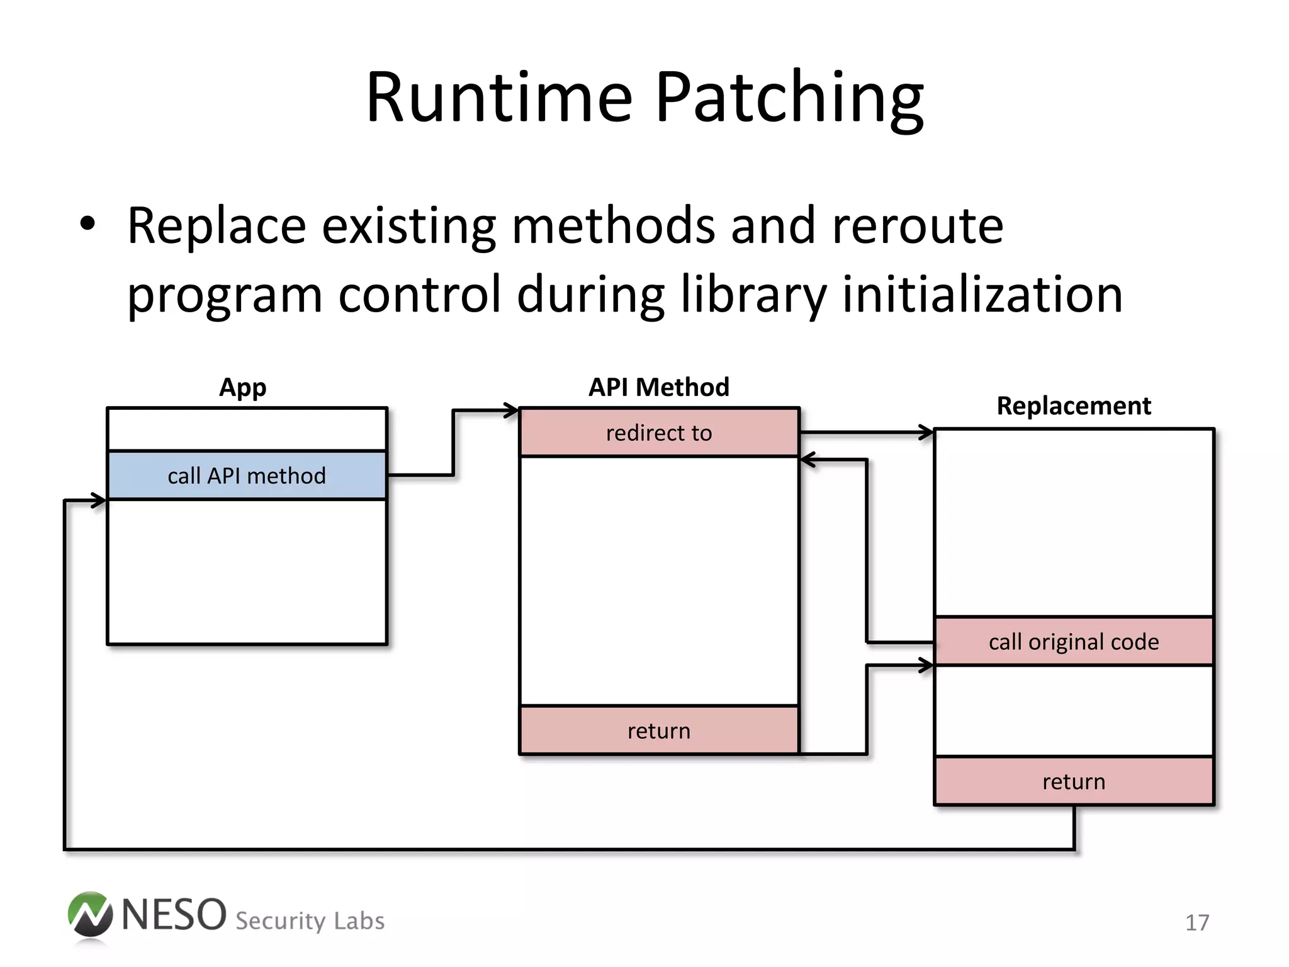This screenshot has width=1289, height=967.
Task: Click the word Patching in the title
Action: pos(789,99)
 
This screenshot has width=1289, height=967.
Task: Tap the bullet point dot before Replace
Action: pos(87,224)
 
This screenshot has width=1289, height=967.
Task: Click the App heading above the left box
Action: pos(242,387)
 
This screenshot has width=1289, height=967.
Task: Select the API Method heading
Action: pos(658,387)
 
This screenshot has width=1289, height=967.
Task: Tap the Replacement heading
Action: pos(1074,406)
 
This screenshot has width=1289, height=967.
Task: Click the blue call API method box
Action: pos(247,475)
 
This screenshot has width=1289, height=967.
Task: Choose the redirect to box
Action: pos(659,433)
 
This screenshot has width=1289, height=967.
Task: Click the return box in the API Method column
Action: pos(659,730)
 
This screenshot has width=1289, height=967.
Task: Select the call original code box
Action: pos(1074,642)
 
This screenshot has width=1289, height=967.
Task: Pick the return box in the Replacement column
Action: pos(1074,781)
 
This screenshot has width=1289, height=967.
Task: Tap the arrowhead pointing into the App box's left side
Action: pos(99,500)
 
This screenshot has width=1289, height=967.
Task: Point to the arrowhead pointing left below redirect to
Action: pos(808,460)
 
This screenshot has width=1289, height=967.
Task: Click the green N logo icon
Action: pos(90,914)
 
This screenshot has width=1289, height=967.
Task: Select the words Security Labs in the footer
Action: pos(310,921)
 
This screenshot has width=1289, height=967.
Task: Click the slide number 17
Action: pos(1197,923)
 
